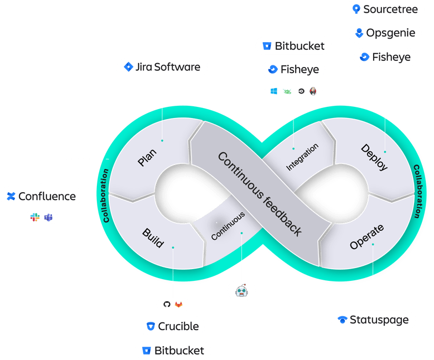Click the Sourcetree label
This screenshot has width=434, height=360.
point(386,9)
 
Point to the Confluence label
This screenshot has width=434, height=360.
point(41,196)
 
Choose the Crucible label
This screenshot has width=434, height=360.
point(172,326)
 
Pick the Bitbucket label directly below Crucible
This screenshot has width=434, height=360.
point(173,350)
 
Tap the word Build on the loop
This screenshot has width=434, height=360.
point(152,237)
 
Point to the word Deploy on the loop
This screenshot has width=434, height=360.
point(375,157)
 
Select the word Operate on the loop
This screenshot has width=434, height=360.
point(366,238)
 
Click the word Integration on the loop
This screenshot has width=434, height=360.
point(302,157)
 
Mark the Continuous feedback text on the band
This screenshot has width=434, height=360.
point(260,194)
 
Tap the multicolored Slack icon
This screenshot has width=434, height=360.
point(35,217)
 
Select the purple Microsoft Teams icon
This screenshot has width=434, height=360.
point(49,217)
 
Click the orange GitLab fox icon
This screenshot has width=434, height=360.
point(178,305)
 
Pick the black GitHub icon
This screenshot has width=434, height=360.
point(167,305)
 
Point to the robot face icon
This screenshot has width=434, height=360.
point(241,290)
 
